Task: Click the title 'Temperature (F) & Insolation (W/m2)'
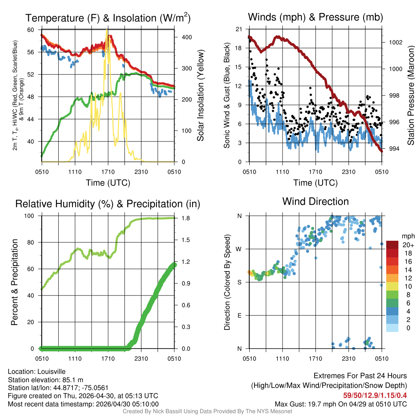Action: coord(108,18)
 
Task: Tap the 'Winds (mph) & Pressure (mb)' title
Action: coord(315,17)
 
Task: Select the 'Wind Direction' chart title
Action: coord(315,201)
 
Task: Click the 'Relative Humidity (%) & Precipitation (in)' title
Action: coord(108,203)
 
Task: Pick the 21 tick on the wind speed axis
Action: coord(239,29)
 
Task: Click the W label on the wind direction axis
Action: coord(240,249)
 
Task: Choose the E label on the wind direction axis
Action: coord(240,315)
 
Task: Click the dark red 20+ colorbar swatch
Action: coord(392,245)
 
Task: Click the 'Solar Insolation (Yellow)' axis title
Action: coord(201,96)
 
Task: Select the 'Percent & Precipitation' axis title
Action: coord(15,282)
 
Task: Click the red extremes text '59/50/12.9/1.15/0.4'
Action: coord(375,395)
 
